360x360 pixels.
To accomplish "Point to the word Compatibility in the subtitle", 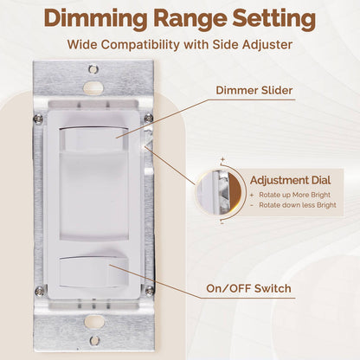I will pyautogui.click(x=157, y=44).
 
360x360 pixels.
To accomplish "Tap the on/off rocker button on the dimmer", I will pyautogui.click(x=93, y=273).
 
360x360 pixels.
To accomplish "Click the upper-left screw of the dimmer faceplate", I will pyautogui.click(x=37, y=119).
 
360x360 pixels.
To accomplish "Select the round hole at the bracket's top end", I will pyautogui.click(x=93, y=69).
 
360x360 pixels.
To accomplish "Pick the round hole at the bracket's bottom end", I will pyautogui.click(x=93, y=340).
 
